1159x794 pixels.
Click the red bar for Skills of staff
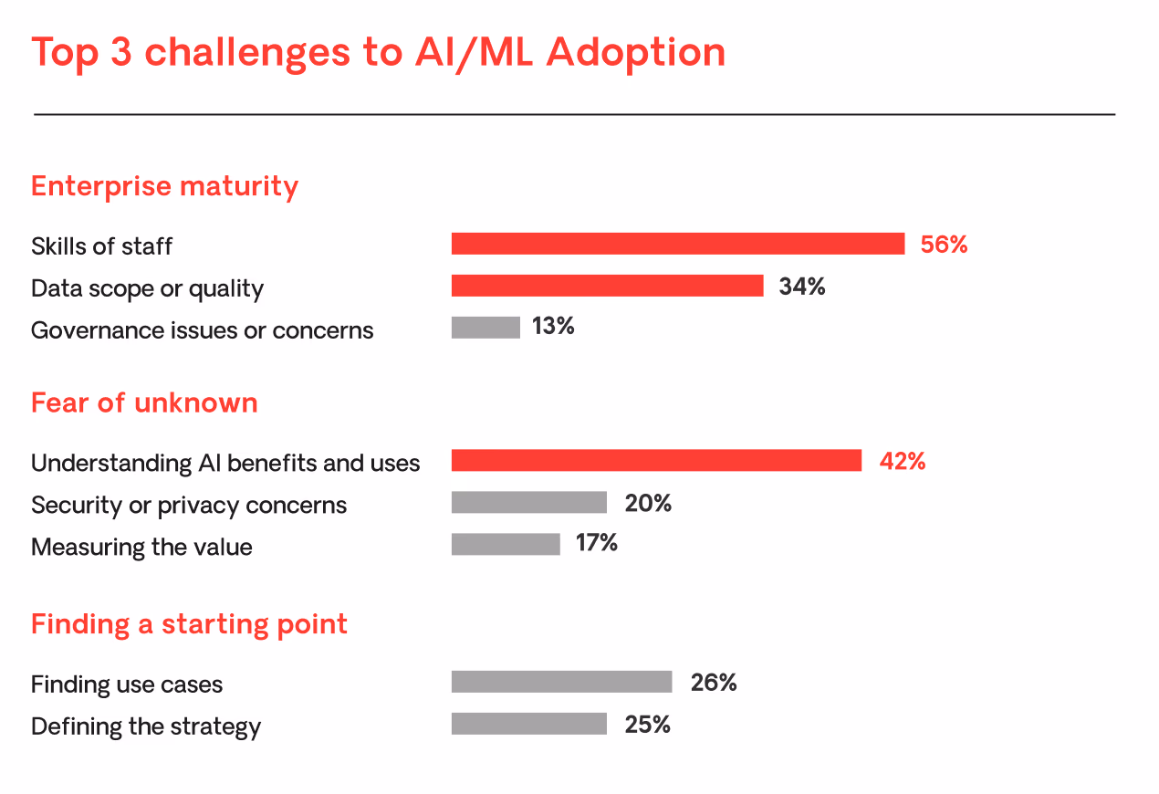[x=677, y=244]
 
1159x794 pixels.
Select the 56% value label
[x=944, y=245]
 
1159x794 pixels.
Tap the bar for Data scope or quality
[x=607, y=286]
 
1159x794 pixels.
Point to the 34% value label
[x=802, y=287]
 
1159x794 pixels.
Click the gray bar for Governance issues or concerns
[x=486, y=328]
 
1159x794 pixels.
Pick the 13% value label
[x=553, y=327]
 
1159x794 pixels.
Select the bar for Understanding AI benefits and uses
[x=656, y=461]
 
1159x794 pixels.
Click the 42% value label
[x=903, y=462]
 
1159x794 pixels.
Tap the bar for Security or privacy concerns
[x=528, y=503]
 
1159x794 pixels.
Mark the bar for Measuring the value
[x=506, y=545]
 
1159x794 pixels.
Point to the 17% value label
[x=597, y=544]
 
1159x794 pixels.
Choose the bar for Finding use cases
[x=561, y=682]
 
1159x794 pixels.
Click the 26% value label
[x=714, y=683]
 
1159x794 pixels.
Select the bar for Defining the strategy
[x=528, y=724]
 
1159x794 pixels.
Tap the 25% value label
[x=648, y=725]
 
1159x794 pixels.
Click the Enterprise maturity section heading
[x=164, y=186]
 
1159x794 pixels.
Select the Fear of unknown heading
[x=144, y=402]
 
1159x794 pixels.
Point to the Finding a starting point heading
[x=189, y=624]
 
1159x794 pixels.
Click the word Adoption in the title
[x=636, y=53]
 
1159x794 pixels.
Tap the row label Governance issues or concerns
[x=202, y=330]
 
